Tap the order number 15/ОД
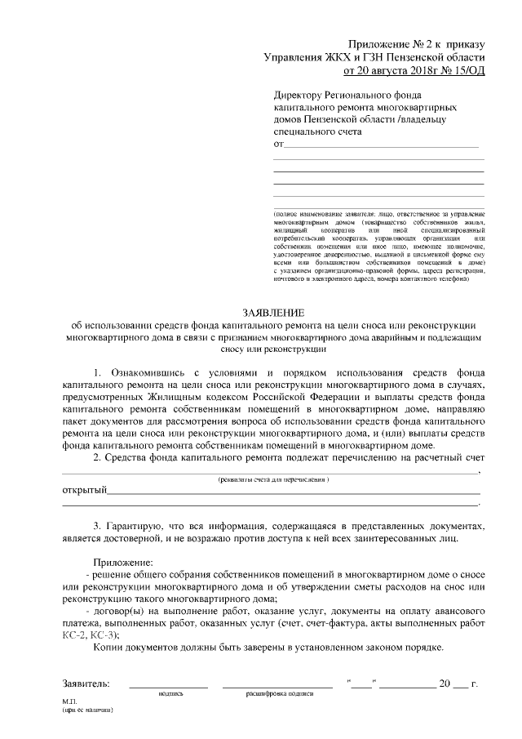(x=467, y=71)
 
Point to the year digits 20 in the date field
(x=445, y=683)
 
